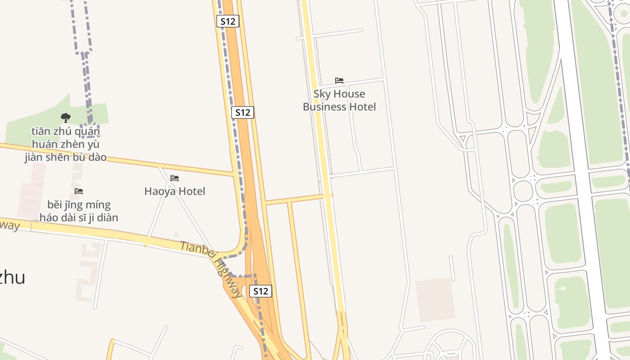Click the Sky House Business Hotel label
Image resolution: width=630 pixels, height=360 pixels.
pyautogui.click(x=339, y=100)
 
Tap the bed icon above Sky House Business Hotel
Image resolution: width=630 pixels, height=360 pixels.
pyautogui.click(x=339, y=81)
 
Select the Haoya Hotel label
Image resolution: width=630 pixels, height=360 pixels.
pyautogui.click(x=175, y=191)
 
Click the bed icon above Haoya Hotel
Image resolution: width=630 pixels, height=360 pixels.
pyautogui.click(x=175, y=178)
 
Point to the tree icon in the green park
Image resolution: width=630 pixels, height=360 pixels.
pyautogui.click(x=66, y=118)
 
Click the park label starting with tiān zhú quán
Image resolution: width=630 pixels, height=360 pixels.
pyautogui.click(x=66, y=144)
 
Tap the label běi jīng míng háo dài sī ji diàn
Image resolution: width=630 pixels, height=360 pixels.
pyautogui.click(x=79, y=211)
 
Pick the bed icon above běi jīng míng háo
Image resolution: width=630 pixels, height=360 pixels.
pyautogui.click(x=79, y=191)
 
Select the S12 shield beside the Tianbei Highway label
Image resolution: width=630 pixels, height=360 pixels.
pyautogui.click(x=261, y=291)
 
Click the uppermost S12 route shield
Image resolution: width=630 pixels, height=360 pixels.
pyautogui.click(x=228, y=21)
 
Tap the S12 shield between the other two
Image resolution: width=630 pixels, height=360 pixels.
pyautogui.click(x=243, y=112)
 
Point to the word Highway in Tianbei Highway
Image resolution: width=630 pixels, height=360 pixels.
pyautogui.click(x=228, y=277)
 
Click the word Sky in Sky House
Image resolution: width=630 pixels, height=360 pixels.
pyautogui.click(x=322, y=94)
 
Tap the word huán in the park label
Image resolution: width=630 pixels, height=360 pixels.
pyautogui.click(x=42, y=144)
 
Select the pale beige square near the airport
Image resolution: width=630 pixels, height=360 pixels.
pyautogui.click(x=435, y=300)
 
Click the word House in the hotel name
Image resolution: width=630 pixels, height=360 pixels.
pyautogui.click(x=349, y=94)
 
